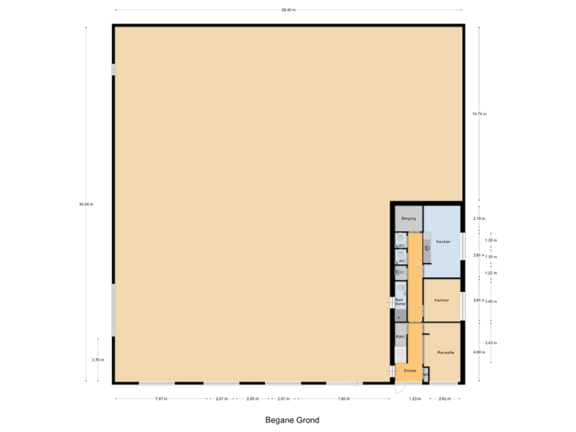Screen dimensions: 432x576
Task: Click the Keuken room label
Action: (x=442, y=241)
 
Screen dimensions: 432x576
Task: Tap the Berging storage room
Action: (x=407, y=218)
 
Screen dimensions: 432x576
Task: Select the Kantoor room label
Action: (x=442, y=300)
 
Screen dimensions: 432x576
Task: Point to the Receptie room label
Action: (x=445, y=352)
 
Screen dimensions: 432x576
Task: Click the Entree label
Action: (x=410, y=370)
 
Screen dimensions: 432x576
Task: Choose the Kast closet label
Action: (x=400, y=337)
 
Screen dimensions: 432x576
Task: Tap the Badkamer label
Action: (x=401, y=302)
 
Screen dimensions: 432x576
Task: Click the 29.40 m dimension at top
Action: (x=287, y=10)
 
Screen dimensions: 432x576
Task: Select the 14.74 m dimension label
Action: (x=478, y=114)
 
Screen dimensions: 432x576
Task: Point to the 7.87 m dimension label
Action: (x=162, y=398)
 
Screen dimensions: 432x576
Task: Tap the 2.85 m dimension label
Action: (x=252, y=398)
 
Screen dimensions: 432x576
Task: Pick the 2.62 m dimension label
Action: (x=444, y=398)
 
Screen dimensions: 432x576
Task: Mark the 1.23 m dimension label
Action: (x=414, y=398)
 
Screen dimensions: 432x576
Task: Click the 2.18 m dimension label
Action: (x=478, y=218)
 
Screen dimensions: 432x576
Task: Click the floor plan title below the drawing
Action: (x=287, y=418)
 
